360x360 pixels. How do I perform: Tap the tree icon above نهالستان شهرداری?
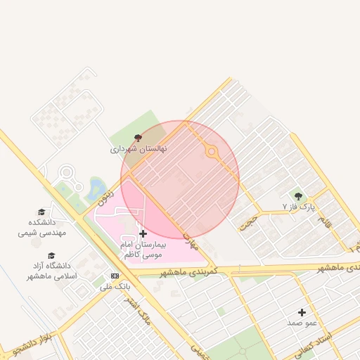pos(137,138)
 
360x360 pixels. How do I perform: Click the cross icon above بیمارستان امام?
pos(143,233)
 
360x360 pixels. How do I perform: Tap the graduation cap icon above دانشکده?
pos(41,212)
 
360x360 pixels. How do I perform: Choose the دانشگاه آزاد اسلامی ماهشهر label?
pos(51,271)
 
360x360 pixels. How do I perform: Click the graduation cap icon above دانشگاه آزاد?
pos(51,256)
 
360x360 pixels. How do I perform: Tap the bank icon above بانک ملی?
pos(115,276)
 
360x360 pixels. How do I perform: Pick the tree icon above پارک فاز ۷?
pos(298,195)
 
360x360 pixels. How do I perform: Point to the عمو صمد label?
pos(302,323)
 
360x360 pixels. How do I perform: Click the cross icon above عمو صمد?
pos(302,312)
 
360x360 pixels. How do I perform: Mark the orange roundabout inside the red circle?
pos(210,151)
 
